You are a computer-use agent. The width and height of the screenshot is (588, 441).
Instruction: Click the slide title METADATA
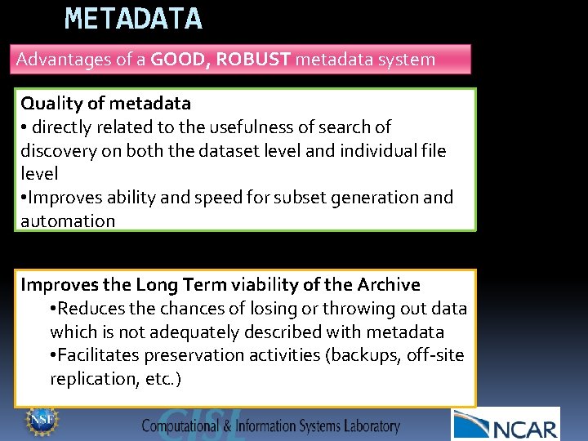coord(133,18)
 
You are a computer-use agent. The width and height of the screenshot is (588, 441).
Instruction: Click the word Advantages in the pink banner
coord(62,60)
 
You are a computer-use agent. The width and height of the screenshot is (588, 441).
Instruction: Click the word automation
coord(68,221)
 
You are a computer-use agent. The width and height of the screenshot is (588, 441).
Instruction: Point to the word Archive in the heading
coord(389,285)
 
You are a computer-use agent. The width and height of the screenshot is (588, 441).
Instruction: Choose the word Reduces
coord(93,309)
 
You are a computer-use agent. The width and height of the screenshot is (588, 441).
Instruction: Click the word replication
coord(90,379)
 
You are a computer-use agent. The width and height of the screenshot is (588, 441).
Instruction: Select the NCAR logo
coord(506,424)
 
